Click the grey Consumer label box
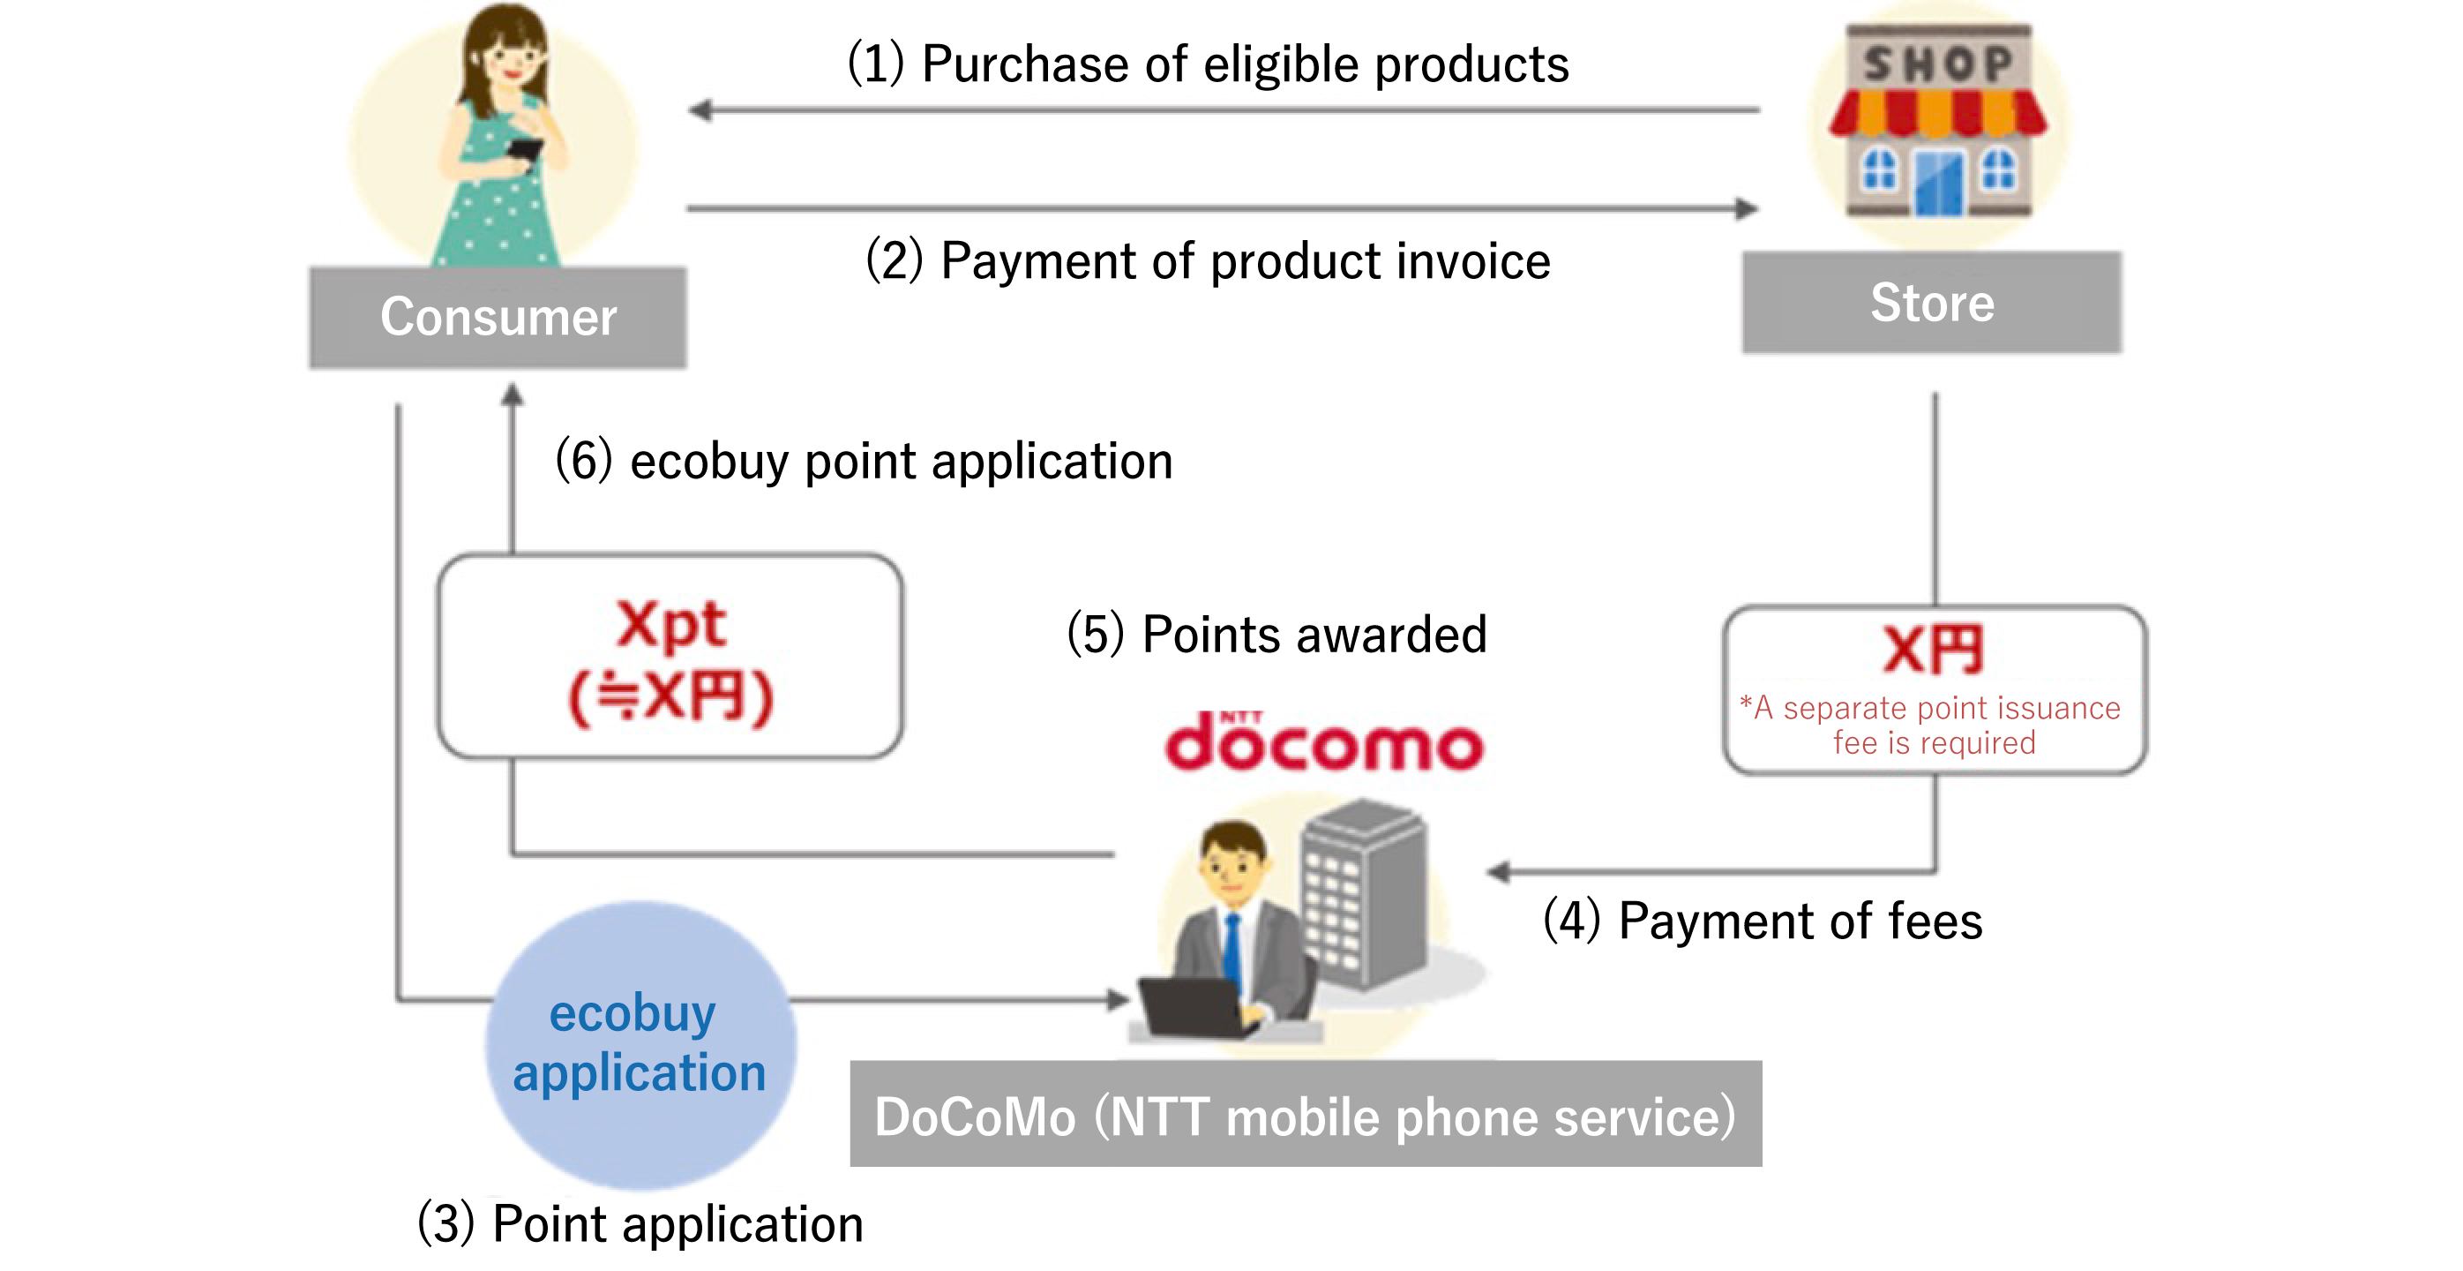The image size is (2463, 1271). (x=498, y=318)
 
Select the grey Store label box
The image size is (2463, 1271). (x=1931, y=303)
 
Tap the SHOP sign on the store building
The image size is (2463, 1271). (x=1938, y=64)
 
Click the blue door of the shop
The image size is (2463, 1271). (x=1938, y=184)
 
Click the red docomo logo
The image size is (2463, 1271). (x=1324, y=743)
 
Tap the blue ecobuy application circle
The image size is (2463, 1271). (x=640, y=1044)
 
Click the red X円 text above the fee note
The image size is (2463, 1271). (x=1934, y=651)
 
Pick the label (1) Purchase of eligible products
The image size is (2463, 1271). (x=1208, y=65)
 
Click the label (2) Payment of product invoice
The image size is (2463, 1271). (x=1208, y=261)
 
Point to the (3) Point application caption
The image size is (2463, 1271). (x=640, y=1224)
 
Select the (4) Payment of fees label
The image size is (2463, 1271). (x=1763, y=921)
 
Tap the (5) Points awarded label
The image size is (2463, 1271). (x=1276, y=634)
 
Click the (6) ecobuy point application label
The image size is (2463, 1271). (x=864, y=461)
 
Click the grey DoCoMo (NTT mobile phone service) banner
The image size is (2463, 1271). (x=1305, y=1114)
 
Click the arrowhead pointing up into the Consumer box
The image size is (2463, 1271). (x=513, y=394)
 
